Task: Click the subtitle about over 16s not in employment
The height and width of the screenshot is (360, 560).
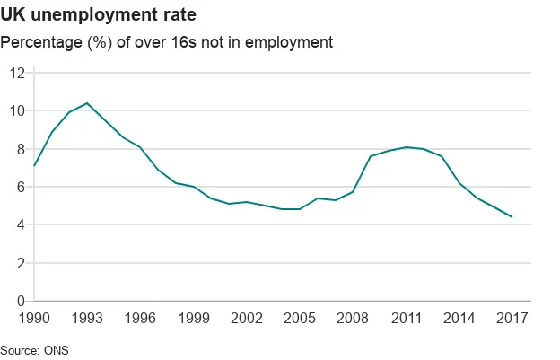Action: [x=167, y=42]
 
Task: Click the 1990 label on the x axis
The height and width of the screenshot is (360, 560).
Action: [x=34, y=319]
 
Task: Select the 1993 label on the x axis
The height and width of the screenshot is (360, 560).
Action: [x=87, y=319]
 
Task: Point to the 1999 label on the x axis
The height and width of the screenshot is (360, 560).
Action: [x=194, y=319]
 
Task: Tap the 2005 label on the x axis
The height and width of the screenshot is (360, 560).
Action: [x=300, y=319]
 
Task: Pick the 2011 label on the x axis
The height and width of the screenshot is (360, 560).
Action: [x=406, y=319]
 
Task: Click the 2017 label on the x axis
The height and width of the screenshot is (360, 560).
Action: [x=512, y=319]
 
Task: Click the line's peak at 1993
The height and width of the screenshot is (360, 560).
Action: [x=87, y=103]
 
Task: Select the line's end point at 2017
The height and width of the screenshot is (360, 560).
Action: [x=512, y=217]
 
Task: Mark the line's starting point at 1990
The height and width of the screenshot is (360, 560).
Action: [x=34, y=166]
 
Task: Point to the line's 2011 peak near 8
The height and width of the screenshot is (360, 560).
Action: [x=406, y=147]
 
